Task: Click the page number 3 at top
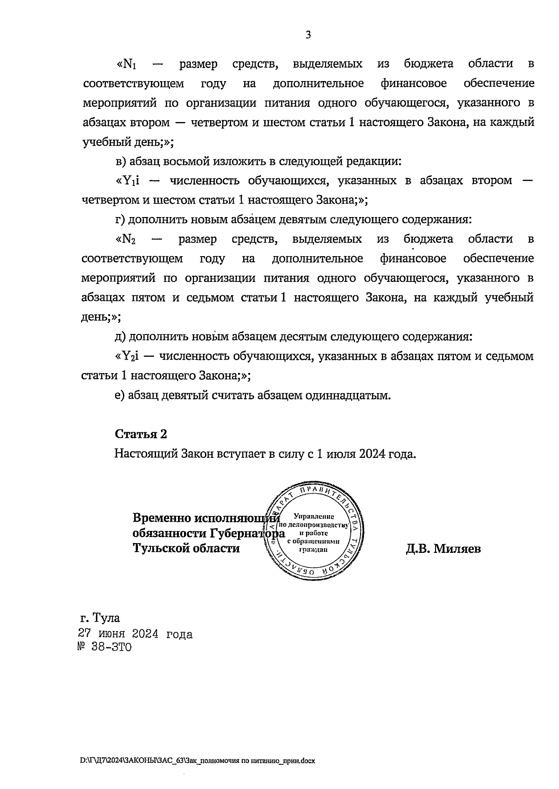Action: (x=307, y=35)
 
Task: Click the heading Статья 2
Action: (x=141, y=434)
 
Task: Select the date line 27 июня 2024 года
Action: (x=135, y=634)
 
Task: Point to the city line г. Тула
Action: (x=100, y=618)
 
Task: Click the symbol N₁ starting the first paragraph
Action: (x=129, y=64)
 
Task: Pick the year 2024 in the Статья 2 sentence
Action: (x=372, y=454)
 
